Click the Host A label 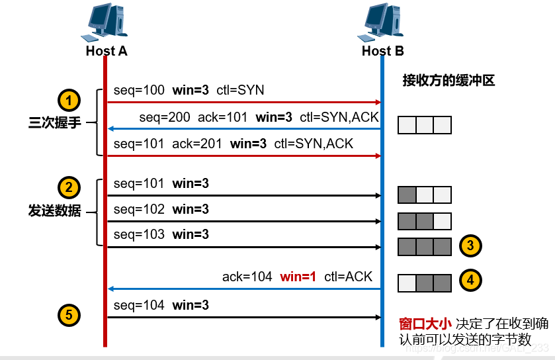point(106,51)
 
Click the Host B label point(382,51)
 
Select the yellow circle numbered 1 point(69,101)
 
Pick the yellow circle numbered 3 point(470,246)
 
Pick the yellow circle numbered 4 point(470,280)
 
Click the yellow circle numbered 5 point(69,315)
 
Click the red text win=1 point(298,277)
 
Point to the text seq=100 point(139,90)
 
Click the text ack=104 point(247,277)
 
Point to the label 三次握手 point(54,123)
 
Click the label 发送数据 point(54,210)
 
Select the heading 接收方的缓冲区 point(448,81)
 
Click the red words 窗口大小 point(425,324)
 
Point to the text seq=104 point(139,306)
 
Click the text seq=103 point(139,235)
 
